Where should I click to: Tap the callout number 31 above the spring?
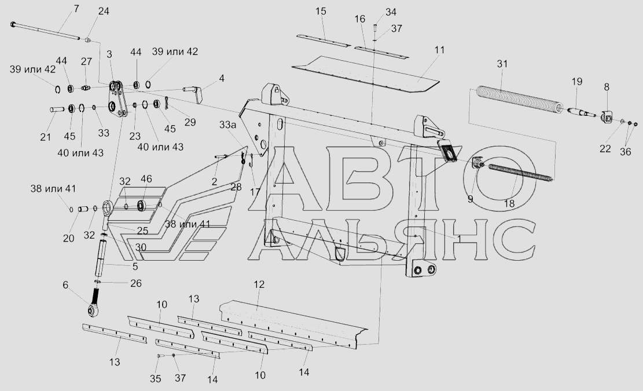coord(502,64)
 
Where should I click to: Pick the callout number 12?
coord(259,284)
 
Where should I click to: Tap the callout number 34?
coord(391,12)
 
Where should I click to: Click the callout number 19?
coord(576,82)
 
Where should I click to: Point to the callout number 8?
coord(607,87)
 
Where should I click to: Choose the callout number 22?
coord(605,149)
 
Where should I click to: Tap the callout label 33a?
coord(227,125)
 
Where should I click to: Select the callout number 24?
coord(103,12)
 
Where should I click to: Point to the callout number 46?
coord(146,179)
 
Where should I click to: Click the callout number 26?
coord(135,283)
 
